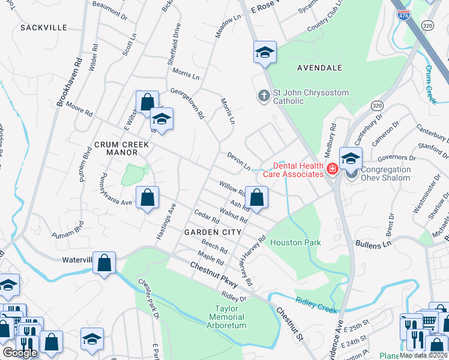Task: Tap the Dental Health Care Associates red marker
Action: click(333, 173)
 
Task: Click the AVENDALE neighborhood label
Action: click(319, 68)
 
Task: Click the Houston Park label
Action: click(295, 242)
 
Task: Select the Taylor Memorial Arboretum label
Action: click(227, 317)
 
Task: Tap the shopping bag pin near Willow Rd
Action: click(256, 197)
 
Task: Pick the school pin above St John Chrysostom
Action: click(264, 53)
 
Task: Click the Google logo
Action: click(20, 353)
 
